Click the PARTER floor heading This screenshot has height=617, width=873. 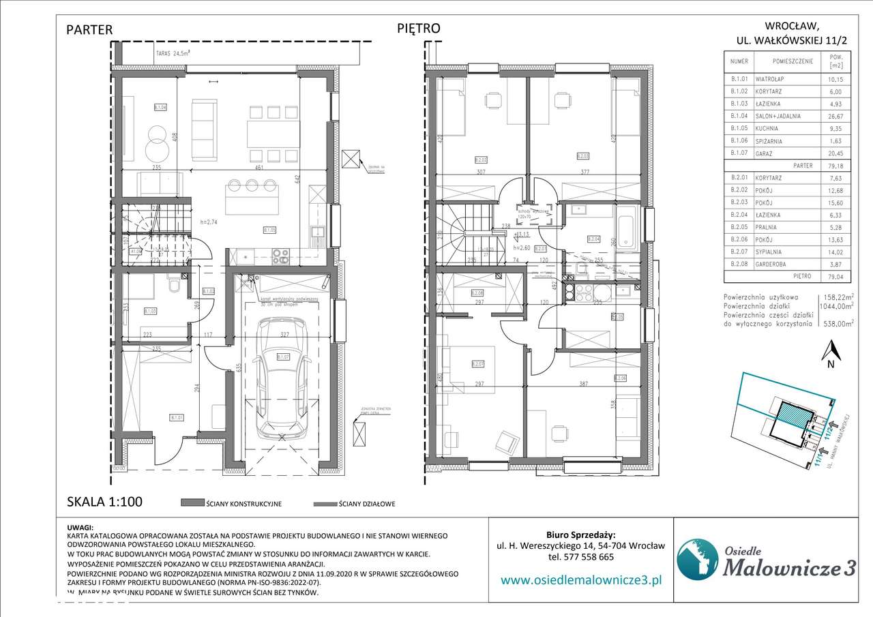coord(89,29)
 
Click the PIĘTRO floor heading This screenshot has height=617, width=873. coord(419,28)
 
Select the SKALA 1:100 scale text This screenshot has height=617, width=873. coord(104,502)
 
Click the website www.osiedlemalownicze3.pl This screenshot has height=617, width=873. coord(582,580)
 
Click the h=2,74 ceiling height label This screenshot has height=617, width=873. coord(211,223)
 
